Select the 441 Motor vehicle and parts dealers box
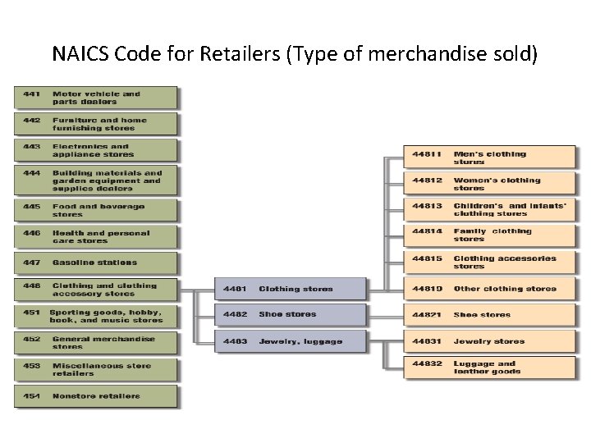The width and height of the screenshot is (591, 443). [x=95, y=98]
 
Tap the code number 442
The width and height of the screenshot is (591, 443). [x=32, y=120]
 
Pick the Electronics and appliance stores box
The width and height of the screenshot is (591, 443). [x=95, y=150]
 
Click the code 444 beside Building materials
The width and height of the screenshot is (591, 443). [x=32, y=173]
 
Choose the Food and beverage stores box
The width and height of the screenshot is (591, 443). [x=95, y=211]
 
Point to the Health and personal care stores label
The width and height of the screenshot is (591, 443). [x=101, y=237]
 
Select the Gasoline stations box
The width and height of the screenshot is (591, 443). [x=95, y=263]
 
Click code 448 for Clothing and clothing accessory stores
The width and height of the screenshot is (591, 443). [x=32, y=286]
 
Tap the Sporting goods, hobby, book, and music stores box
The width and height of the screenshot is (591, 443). [x=95, y=317]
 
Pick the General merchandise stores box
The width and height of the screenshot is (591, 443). [x=95, y=343]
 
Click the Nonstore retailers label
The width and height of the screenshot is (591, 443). [x=96, y=396]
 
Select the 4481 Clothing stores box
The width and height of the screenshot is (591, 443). [x=290, y=289]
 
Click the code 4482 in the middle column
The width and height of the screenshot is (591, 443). [x=235, y=315]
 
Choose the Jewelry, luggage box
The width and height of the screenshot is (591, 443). [x=290, y=341]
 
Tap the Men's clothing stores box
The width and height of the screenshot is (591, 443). [x=488, y=158]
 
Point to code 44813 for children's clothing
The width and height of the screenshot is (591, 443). [x=427, y=206]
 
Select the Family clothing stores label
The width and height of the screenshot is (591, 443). [x=492, y=235]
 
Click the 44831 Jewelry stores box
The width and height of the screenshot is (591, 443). [x=488, y=341]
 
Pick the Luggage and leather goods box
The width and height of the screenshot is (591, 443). [x=488, y=368]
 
